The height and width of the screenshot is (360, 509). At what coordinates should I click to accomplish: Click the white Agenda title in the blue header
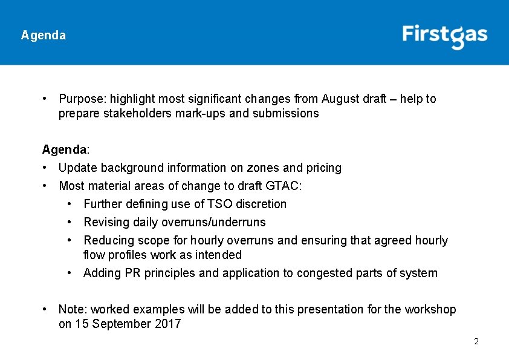(x=43, y=35)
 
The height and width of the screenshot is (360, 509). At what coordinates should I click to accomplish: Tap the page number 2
(x=476, y=342)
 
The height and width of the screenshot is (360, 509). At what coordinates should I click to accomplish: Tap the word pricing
(x=323, y=168)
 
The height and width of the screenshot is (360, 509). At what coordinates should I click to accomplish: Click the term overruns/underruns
(x=213, y=222)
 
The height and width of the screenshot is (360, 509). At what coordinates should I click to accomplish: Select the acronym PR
(x=132, y=273)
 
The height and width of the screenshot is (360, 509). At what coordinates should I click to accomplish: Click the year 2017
(x=168, y=324)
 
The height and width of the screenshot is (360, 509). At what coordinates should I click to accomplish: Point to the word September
(x=119, y=324)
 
